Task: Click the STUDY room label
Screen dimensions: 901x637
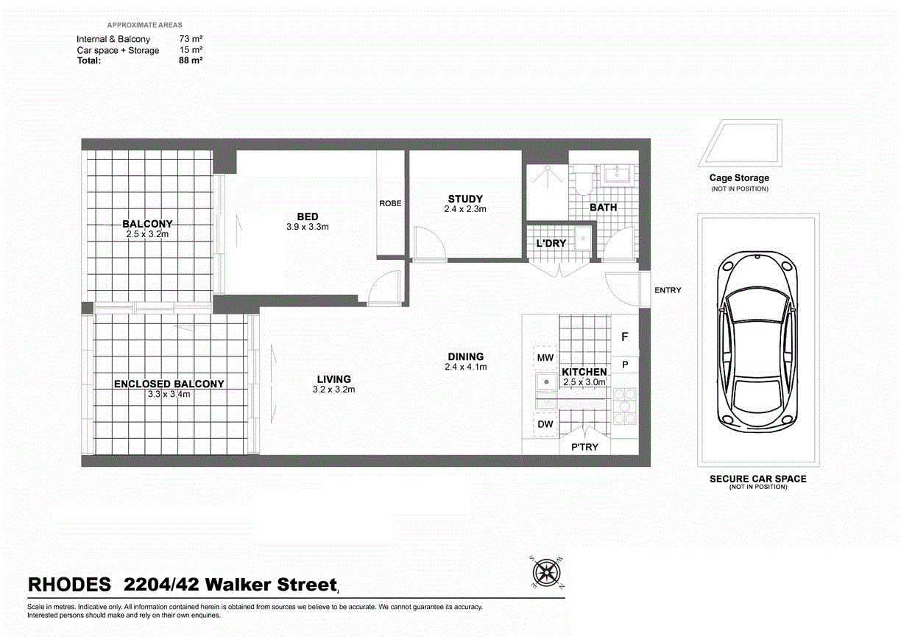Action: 465,199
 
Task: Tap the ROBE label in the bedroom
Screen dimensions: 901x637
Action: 390,203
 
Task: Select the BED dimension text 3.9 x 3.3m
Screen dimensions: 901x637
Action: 307,227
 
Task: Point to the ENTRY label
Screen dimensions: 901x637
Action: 668,290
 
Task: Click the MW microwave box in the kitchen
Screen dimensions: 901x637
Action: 545,358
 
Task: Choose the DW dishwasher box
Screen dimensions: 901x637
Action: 545,424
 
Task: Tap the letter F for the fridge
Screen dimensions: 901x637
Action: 625,337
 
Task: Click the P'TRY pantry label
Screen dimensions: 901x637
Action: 584,447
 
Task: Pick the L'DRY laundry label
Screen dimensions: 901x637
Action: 551,244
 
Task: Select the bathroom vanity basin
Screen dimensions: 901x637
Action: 617,175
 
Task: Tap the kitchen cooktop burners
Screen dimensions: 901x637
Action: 625,406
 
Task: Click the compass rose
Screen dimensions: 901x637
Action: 547,572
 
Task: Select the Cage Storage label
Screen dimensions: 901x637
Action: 739,178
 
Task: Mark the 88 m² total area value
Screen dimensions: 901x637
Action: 191,60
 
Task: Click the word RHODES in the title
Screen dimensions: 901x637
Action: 69,584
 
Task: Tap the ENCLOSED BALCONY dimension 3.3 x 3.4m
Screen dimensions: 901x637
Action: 169,394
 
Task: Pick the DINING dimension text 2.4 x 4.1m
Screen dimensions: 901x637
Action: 466,367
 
